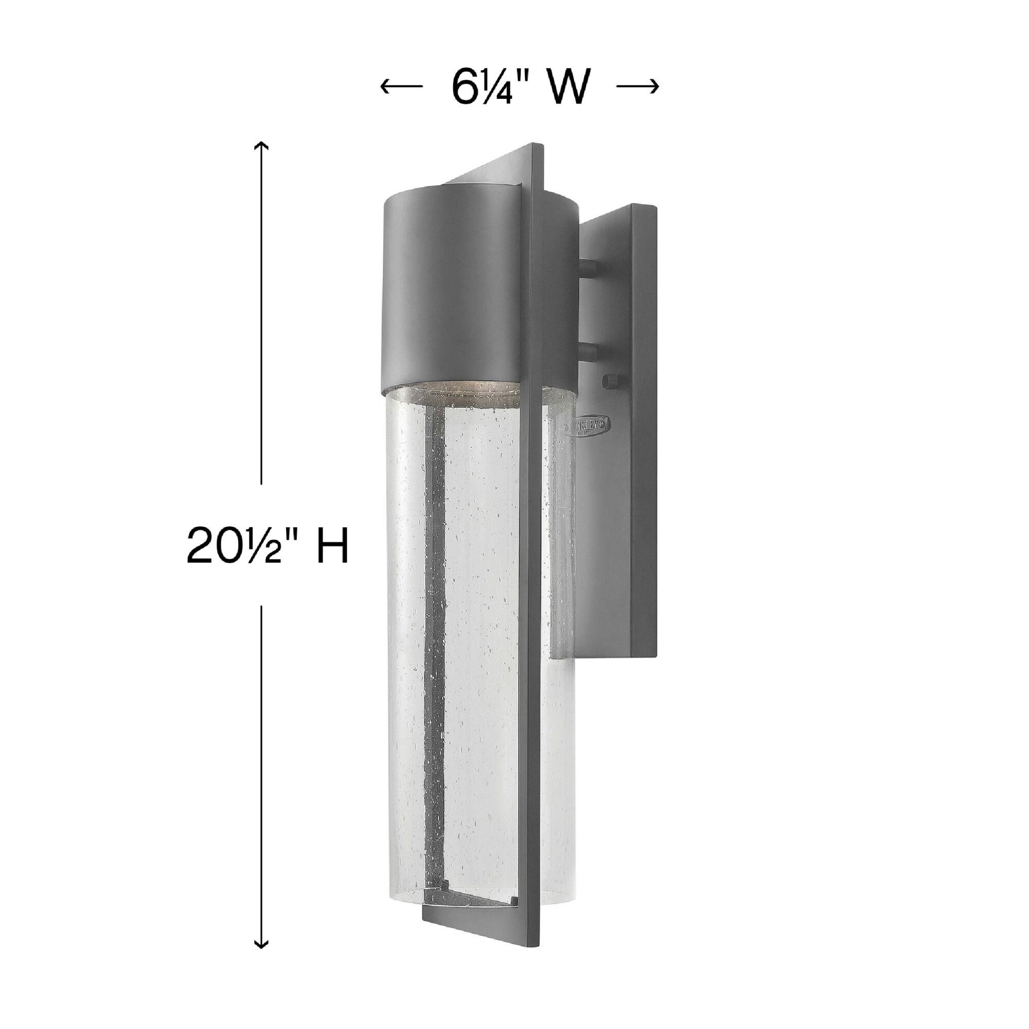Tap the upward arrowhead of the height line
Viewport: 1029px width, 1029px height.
point(260,146)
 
